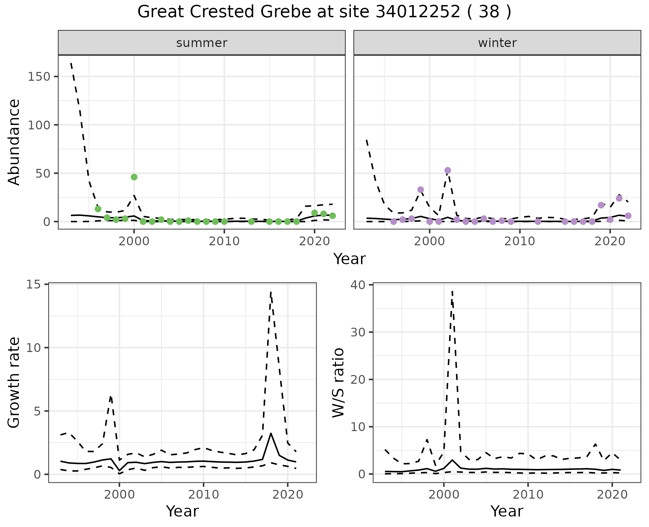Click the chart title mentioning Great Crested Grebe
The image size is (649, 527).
(324, 12)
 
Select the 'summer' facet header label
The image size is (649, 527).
(202, 43)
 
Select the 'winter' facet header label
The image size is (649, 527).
(497, 43)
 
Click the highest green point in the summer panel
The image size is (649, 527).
(134, 177)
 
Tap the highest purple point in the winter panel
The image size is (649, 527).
(448, 170)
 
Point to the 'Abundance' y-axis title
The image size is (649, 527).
(14, 142)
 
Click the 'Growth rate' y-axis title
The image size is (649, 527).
(14, 382)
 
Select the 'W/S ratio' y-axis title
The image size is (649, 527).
(338, 382)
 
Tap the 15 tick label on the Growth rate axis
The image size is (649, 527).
(32, 284)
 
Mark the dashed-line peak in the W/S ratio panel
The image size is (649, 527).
(452, 291)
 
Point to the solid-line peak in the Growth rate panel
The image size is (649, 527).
(271, 433)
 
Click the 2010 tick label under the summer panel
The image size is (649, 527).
(224, 242)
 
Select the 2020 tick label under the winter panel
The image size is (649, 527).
(610, 242)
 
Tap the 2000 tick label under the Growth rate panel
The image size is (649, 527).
(119, 495)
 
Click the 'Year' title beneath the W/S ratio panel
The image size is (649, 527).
(507, 511)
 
